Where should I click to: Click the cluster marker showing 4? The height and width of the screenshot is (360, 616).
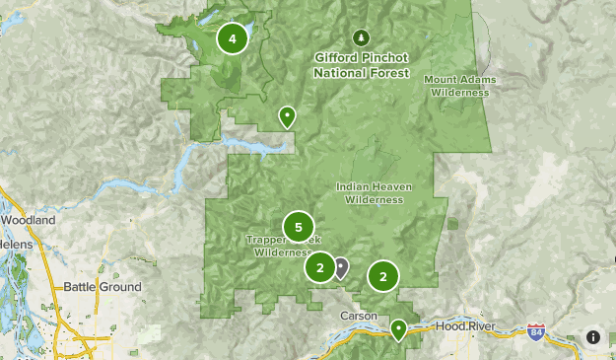[233, 39]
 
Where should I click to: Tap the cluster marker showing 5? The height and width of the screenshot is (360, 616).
[298, 228]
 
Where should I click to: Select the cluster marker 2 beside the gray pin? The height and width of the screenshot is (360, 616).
[320, 267]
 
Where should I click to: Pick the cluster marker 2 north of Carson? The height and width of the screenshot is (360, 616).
[382, 276]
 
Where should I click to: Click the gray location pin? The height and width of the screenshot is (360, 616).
[341, 266]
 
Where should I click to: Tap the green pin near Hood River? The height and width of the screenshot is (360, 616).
[399, 328]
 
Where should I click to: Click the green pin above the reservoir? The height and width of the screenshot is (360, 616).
[287, 116]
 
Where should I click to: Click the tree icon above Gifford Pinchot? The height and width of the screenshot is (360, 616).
[361, 38]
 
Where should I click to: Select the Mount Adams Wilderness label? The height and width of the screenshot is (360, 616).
[459, 85]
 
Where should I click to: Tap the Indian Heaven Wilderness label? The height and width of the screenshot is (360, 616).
[374, 192]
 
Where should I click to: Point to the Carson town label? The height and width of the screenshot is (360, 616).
[359, 315]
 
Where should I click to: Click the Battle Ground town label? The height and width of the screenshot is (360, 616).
[103, 287]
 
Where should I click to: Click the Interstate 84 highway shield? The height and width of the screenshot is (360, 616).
[535, 330]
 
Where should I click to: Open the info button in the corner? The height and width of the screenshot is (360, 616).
[593, 336]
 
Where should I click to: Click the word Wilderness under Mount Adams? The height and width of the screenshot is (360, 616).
[459, 92]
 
